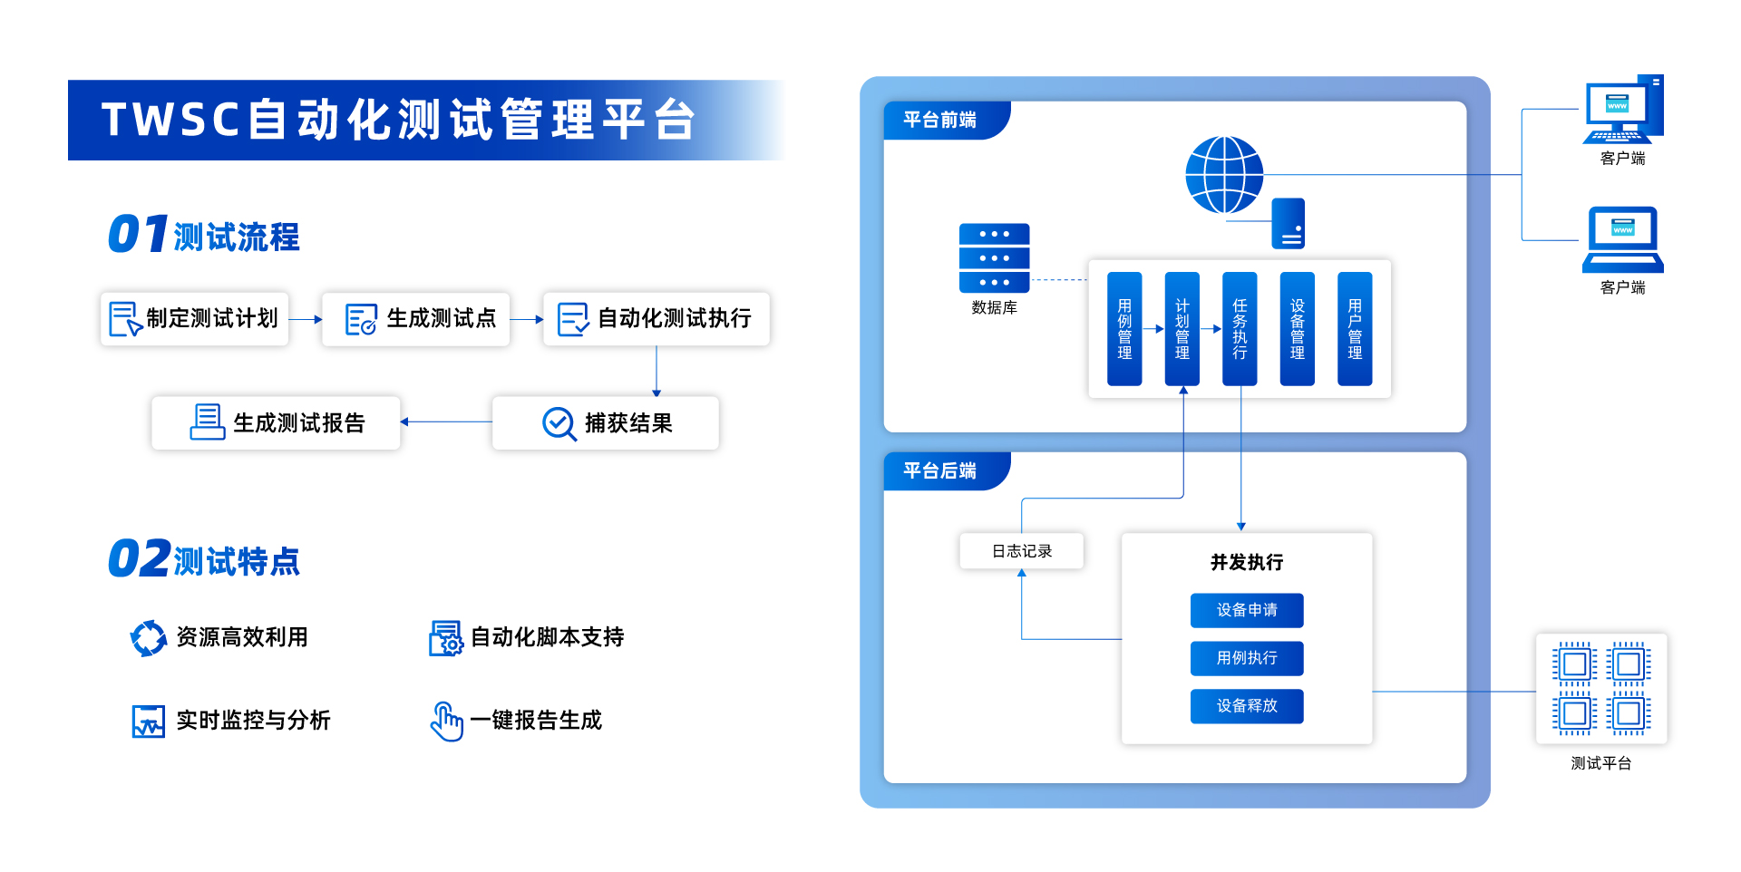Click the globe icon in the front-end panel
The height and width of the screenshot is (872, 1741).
pyautogui.click(x=1224, y=175)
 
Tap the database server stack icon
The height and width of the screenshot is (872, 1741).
pyautogui.click(x=994, y=257)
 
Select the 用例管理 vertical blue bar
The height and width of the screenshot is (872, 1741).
pyautogui.click(x=1124, y=329)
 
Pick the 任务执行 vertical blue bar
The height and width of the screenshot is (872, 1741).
pyautogui.click(x=1240, y=329)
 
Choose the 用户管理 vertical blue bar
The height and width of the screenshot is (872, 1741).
pyautogui.click(x=1355, y=329)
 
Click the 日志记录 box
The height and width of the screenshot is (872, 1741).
pyautogui.click(x=1021, y=551)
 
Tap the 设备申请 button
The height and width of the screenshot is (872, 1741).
pyautogui.click(x=1247, y=610)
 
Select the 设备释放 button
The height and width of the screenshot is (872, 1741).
pyautogui.click(x=1247, y=706)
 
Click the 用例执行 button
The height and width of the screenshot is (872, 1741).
pyautogui.click(x=1247, y=658)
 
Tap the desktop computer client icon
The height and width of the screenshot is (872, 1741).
pyautogui.click(x=1622, y=111)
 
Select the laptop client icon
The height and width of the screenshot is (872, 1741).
pyautogui.click(x=1622, y=239)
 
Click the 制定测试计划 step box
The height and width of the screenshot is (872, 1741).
pyautogui.click(x=195, y=319)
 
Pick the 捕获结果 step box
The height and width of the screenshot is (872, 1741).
pyautogui.click(x=606, y=423)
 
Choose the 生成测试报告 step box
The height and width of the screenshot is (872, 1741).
pyautogui.click(x=276, y=423)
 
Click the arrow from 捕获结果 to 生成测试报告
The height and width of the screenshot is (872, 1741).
pyautogui.click(x=446, y=422)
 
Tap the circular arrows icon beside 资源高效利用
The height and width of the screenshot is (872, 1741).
pyautogui.click(x=148, y=638)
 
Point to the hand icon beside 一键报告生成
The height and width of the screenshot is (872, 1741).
pyautogui.click(x=446, y=722)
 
